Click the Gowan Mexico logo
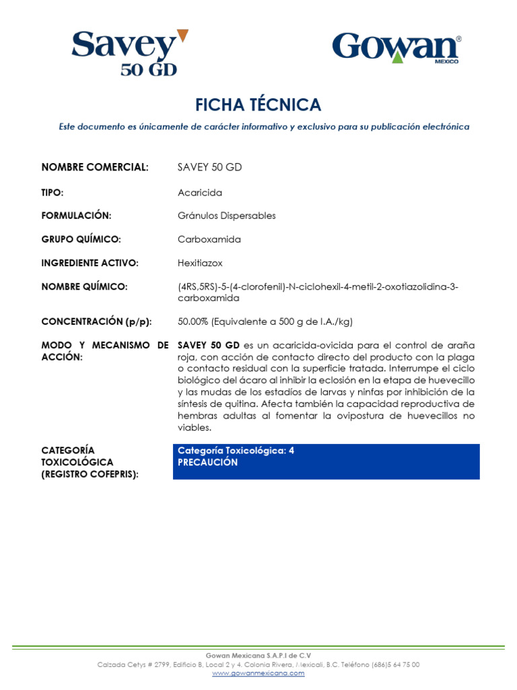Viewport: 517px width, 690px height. pyautogui.click(x=397, y=49)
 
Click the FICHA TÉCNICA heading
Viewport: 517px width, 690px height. pyautogui.click(x=258, y=104)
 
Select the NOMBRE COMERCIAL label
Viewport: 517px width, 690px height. pyautogui.click(x=94, y=167)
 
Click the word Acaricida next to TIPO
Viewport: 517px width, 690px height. pyautogui.click(x=200, y=193)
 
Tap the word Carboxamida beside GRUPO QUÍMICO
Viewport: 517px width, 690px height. pyautogui.click(x=209, y=239)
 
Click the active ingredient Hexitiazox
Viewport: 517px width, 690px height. pyautogui.click(x=200, y=263)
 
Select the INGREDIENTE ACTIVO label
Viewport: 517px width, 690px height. pyautogui.click(x=90, y=263)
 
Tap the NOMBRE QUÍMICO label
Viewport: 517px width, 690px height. pyautogui.click(x=84, y=286)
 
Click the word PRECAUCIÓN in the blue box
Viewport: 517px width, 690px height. pyautogui.click(x=207, y=462)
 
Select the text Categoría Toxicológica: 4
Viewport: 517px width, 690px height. pyautogui.click(x=236, y=451)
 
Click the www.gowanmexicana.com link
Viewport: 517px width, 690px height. pyautogui.click(x=258, y=673)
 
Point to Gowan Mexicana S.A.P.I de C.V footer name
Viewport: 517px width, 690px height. pyautogui.click(x=258, y=655)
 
